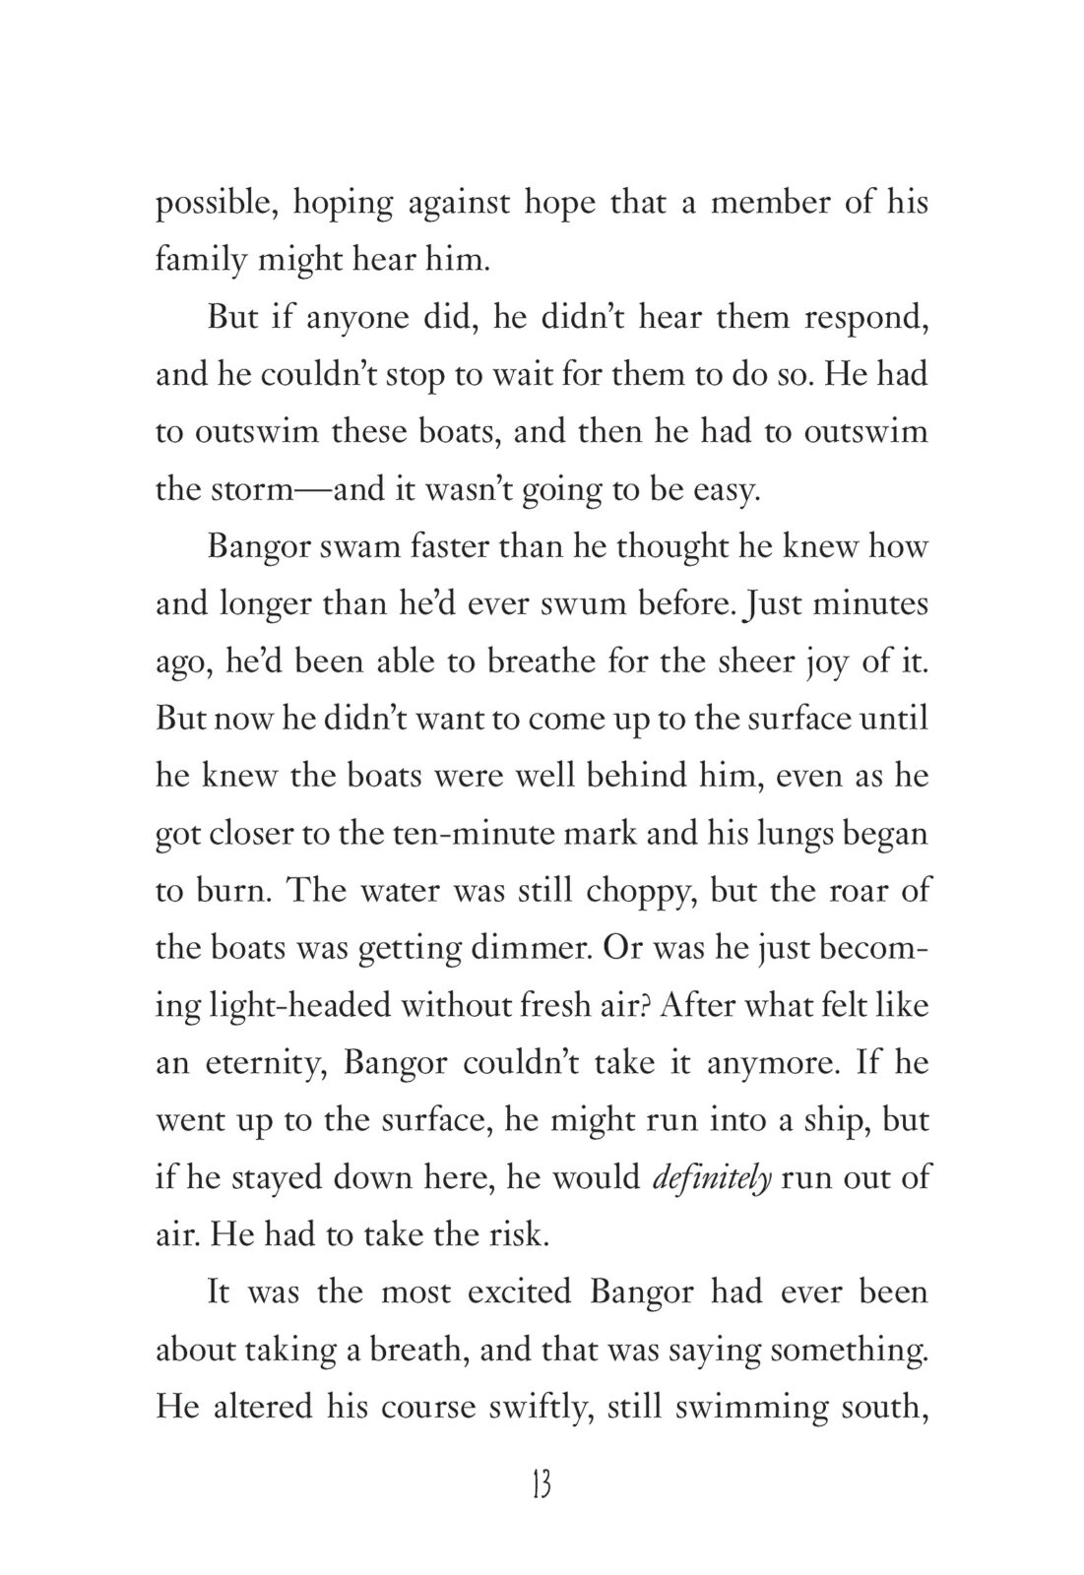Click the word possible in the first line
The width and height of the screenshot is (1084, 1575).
[206, 204]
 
